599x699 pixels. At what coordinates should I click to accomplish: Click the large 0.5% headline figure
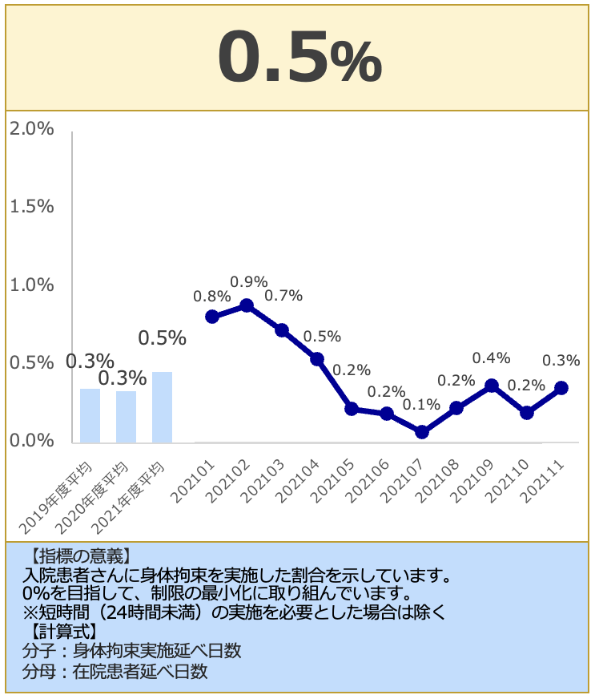point(299,58)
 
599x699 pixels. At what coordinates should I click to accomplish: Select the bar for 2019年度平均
point(90,415)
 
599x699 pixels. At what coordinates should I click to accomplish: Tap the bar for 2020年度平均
point(127,416)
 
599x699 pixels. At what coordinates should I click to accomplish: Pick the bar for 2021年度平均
point(163,406)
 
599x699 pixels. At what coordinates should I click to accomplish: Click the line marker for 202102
point(247,305)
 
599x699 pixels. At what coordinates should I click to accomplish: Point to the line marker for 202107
point(422,432)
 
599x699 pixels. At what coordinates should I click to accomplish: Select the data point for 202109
point(492,386)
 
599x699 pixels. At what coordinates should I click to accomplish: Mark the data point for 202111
point(561,388)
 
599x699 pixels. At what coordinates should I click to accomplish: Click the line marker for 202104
point(317,359)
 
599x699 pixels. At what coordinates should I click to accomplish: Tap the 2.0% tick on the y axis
point(31,129)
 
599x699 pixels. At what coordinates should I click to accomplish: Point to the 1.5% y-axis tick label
point(31,207)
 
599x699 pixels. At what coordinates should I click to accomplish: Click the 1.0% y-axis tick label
point(31,285)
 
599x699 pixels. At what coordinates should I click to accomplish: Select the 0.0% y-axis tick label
point(31,441)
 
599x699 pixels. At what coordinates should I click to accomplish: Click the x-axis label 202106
point(372,479)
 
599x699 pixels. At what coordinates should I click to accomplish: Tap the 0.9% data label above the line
point(248,281)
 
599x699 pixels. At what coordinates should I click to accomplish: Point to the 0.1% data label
point(421,405)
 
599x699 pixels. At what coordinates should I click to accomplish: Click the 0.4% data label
point(491,358)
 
